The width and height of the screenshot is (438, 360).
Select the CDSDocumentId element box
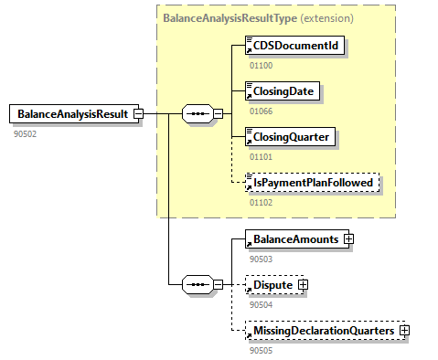click(x=295, y=46)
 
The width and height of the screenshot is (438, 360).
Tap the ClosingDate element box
click(x=284, y=91)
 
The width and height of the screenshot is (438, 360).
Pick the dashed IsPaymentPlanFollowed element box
click(x=311, y=184)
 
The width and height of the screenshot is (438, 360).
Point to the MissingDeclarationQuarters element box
click(x=321, y=330)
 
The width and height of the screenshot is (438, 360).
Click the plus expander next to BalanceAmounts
click(x=348, y=239)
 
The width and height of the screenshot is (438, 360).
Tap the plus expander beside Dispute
click(x=304, y=285)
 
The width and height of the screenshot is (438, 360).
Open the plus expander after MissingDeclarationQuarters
click(x=403, y=330)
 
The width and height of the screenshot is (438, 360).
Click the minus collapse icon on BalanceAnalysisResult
click(x=138, y=114)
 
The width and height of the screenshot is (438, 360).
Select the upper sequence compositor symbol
click(x=198, y=114)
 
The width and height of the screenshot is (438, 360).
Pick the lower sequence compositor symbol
click(x=198, y=285)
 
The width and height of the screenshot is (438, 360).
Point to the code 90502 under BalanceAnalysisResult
click(x=25, y=133)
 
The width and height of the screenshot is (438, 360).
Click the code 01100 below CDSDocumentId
click(x=262, y=65)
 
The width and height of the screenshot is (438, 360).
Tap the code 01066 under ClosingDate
click(x=262, y=111)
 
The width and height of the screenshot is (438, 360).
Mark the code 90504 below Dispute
click(x=262, y=303)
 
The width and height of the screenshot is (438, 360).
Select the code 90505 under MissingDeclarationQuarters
click(x=262, y=349)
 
